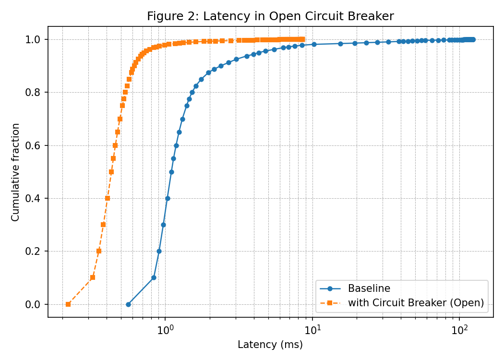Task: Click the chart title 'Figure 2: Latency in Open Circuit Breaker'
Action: click(270, 16)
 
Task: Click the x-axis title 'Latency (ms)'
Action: click(270, 345)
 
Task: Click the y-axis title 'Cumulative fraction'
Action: click(16, 172)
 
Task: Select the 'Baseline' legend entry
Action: click(369, 288)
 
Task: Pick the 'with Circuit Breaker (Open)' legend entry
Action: click(416, 303)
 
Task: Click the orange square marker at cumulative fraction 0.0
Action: click(68, 304)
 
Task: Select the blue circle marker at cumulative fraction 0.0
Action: click(128, 304)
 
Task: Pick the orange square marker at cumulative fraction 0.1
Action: click(93, 277)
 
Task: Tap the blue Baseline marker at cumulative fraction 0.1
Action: click(154, 277)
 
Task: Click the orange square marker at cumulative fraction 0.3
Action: click(103, 225)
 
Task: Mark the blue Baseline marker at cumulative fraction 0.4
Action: click(168, 198)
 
